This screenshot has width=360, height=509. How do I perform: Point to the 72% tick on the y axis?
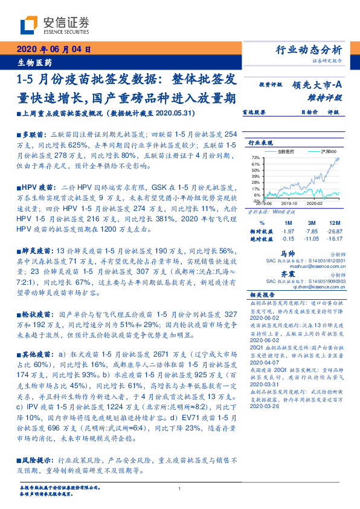[256, 157]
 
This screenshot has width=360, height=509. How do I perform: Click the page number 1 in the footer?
[180, 490]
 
